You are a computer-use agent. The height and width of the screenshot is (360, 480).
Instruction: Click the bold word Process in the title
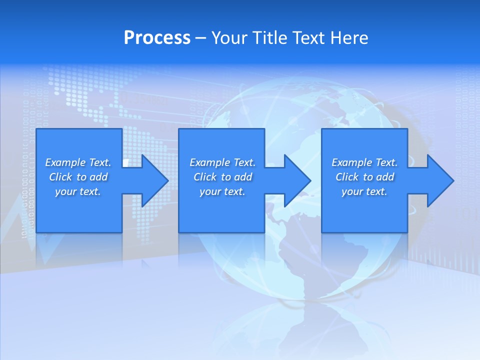157,37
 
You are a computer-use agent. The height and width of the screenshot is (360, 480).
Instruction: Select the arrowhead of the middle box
296,180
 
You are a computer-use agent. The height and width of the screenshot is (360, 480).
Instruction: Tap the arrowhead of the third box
439,180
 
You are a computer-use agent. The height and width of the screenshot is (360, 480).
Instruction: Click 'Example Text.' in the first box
78,162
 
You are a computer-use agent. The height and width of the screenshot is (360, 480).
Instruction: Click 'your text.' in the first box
78,191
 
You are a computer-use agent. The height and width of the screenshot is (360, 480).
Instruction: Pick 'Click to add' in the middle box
222,177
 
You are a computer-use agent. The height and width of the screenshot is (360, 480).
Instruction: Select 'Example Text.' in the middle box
222,162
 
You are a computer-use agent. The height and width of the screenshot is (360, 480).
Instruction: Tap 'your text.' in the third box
364,191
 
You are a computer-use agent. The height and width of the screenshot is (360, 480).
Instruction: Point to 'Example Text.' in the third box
364,162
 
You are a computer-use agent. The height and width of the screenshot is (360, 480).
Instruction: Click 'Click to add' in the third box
364,177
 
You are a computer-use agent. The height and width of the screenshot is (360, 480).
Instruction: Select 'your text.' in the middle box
222,191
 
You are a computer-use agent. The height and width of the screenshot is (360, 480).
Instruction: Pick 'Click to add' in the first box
78,177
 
